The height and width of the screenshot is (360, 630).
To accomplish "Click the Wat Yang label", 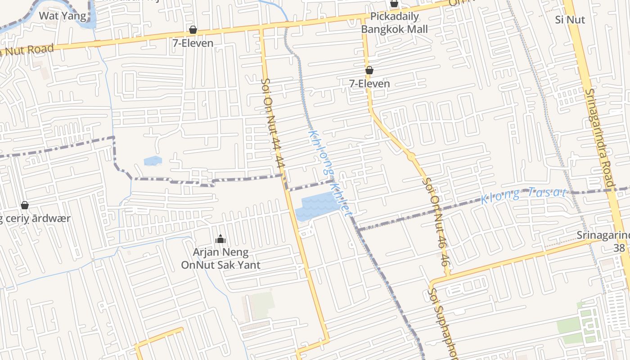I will [x=63, y=16].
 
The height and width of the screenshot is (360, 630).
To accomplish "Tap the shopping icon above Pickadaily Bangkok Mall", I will [x=394, y=4].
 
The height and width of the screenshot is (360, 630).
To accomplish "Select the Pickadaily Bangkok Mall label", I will [x=394, y=23].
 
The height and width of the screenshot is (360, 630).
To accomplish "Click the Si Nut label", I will [x=570, y=20].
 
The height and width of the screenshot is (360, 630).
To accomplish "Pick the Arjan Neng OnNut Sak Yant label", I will [x=220, y=258].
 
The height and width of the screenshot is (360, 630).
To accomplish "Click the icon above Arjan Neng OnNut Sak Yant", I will [x=220, y=239].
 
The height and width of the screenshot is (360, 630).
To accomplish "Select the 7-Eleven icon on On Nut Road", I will [x=193, y=30].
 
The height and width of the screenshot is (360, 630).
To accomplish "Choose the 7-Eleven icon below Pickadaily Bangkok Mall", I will [x=369, y=70].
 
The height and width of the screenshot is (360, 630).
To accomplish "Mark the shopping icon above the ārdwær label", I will [x=25, y=205].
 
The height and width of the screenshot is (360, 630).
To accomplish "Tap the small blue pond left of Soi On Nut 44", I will [x=153, y=161].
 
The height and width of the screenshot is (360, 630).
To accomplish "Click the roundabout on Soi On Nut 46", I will [x=411, y=157].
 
